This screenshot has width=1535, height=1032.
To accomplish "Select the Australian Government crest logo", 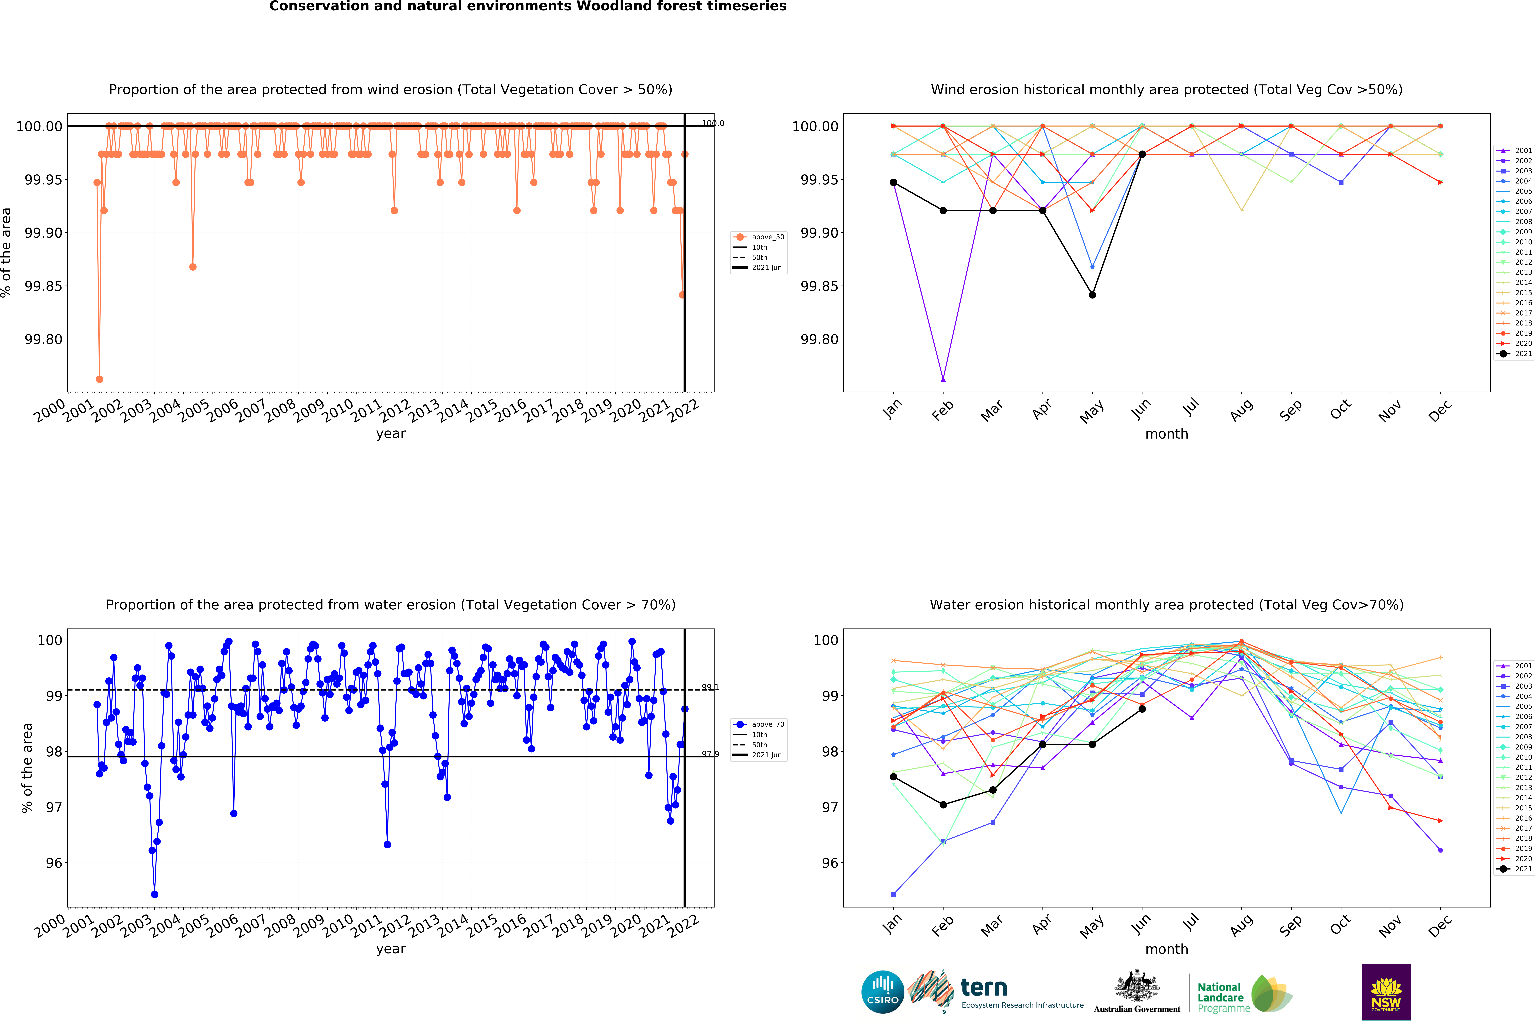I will (1137, 990).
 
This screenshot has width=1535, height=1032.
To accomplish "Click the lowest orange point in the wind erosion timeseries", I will (99, 379).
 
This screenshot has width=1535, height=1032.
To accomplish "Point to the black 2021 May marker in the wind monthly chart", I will (1092, 295).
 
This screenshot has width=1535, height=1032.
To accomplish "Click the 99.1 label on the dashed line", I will (710, 687).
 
